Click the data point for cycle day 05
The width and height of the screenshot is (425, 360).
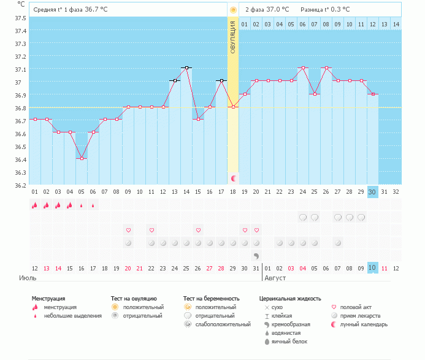(x=82, y=158)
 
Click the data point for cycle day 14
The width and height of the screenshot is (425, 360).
(x=186, y=67)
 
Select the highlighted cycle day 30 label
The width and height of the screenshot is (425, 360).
(x=373, y=192)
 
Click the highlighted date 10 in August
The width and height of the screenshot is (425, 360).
(x=373, y=268)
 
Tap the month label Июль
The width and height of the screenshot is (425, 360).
(x=28, y=278)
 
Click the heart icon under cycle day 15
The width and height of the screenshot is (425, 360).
(x=198, y=230)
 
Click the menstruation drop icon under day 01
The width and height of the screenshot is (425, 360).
(x=35, y=205)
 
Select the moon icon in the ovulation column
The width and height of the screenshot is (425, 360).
(x=233, y=178)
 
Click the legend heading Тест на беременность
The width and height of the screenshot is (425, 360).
(x=210, y=299)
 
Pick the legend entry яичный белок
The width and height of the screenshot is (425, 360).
(x=289, y=341)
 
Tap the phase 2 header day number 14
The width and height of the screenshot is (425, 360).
(x=396, y=24)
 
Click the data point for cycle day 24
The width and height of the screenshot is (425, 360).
(x=303, y=67)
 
